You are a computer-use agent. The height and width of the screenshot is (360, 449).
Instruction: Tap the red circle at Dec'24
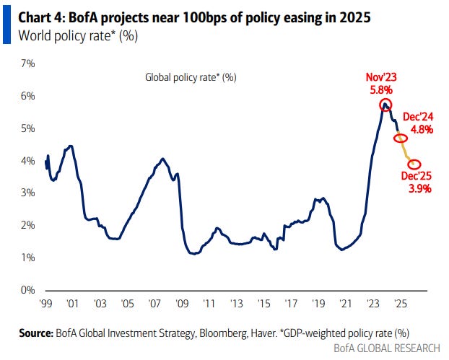(401, 134)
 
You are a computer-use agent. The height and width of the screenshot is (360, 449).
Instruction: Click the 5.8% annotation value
(381, 90)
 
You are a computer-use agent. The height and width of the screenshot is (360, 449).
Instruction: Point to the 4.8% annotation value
(422, 130)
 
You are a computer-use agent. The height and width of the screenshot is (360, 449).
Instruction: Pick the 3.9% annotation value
(420, 189)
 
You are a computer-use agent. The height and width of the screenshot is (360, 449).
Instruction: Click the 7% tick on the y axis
(27, 63)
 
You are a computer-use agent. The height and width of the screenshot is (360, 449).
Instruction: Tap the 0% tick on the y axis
(27, 290)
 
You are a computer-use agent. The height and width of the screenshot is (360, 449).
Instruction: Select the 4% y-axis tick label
(27, 161)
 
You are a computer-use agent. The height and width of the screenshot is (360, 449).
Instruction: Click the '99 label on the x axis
(45, 303)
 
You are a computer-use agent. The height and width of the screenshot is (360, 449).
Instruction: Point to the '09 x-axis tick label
(182, 303)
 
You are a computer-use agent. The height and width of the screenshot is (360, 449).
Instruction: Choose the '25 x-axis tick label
(401, 303)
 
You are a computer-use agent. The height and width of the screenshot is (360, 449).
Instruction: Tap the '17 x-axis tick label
(291, 303)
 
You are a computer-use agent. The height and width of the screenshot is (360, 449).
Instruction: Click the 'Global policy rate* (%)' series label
(191, 77)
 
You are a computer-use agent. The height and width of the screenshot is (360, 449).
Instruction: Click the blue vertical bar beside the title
(7, 25)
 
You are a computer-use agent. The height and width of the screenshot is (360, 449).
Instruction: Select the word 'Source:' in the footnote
(36, 333)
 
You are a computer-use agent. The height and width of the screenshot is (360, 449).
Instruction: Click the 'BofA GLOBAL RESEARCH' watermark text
(387, 348)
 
